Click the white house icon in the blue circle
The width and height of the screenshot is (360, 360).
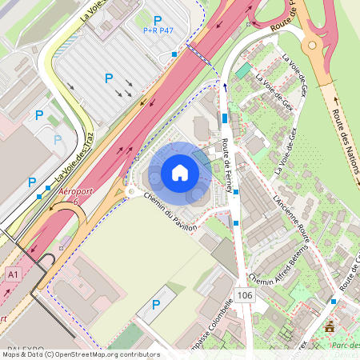point(180,172)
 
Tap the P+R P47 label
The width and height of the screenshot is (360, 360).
point(158,31)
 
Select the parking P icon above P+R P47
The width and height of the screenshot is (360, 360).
point(158,20)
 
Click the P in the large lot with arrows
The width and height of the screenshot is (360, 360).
point(108,78)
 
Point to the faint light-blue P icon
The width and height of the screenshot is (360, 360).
point(57,139)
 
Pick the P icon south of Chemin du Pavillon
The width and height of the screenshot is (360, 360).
point(156,305)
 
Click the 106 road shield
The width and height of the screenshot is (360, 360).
point(245,296)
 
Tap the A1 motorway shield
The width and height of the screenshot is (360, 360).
point(12,274)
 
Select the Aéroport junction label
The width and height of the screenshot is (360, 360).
point(66,197)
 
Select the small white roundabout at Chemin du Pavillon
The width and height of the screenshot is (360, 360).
point(130,192)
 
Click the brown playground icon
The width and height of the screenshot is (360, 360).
point(330,326)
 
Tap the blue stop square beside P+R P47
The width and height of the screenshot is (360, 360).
point(174,54)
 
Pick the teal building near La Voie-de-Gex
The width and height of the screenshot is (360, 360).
point(242,71)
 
